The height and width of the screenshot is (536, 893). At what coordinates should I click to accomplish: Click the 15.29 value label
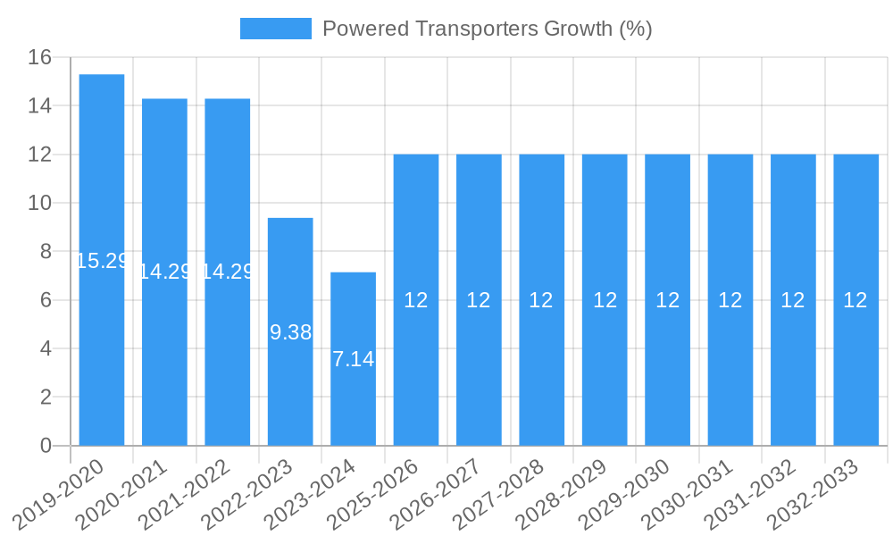tap(102, 261)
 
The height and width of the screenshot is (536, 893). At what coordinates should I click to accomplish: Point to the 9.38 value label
tap(290, 332)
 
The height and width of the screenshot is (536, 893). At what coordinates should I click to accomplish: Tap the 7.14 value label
tap(353, 359)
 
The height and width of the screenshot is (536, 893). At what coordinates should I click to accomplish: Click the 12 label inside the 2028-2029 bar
tap(605, 300)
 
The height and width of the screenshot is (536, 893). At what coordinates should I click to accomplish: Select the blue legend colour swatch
tap(275, 29)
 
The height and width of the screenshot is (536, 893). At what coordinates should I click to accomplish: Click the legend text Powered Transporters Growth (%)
tap(487, 29)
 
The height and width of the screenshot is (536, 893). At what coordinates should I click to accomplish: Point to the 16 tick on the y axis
tap(40, 58)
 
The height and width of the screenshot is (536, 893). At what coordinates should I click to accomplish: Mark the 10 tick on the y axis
tap(40, 204)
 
